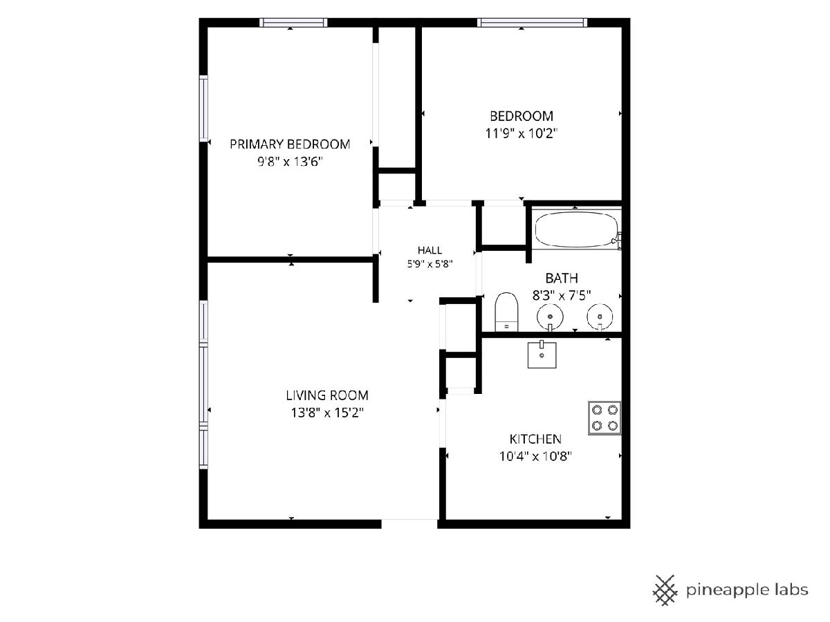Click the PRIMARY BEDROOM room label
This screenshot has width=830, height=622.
tap(290, 144)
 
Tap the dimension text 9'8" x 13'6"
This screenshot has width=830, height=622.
tap(290, 162)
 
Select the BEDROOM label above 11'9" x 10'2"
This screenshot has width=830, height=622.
tap(522, 116)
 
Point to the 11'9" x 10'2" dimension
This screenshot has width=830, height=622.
tap(522, 133)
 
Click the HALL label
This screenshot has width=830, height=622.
tap(430, 250)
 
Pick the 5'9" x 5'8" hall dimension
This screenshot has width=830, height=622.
tap(430, 264)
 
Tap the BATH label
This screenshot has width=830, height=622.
tap(562, 279)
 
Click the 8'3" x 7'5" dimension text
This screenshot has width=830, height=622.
tap(562, 295)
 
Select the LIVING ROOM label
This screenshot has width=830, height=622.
tap(327, 395)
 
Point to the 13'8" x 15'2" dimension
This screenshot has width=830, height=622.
tap(327, 413)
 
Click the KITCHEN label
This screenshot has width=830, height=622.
tap(535, 439)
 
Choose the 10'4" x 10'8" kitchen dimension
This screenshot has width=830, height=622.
tap(535, 456)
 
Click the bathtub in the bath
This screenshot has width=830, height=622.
tap(577, 229)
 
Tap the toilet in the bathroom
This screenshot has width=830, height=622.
tap(506, 312)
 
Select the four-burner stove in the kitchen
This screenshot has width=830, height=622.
tap(605, 417)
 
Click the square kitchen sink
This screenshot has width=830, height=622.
tap(542, 355)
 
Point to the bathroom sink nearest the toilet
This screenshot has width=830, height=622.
tap(550, 317)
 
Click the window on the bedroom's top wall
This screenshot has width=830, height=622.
tap(533, 23)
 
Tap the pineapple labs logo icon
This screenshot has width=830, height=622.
tap(665, 590)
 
